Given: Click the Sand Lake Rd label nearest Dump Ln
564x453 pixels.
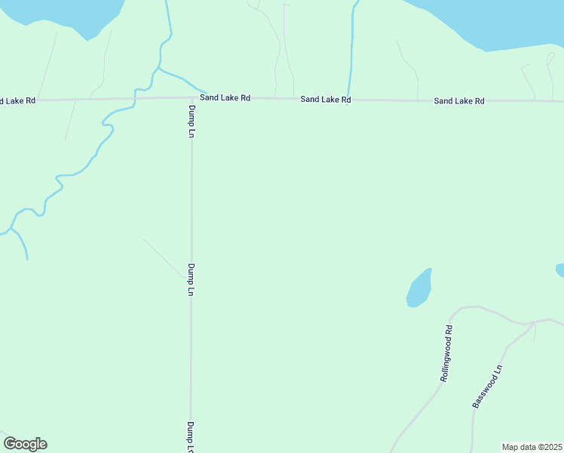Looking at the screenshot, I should (x=225, y=98).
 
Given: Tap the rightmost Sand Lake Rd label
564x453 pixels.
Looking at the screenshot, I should (x=458, y=100).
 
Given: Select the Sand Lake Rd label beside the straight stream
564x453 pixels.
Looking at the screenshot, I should (x=325, y=99).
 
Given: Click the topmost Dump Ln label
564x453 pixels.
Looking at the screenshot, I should (x=192, y=121).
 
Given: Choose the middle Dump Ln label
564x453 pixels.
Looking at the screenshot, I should (x=192, y=279).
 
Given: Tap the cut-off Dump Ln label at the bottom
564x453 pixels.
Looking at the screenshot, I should (x=192, y=436).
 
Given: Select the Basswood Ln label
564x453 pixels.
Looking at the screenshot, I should (x=487, y=387).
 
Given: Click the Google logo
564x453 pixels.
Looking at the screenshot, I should (x=25, y=444).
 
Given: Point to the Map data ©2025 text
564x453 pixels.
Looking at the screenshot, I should (x=532, y=447).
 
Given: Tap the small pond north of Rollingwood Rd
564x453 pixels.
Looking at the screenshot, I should (x=419, y=288).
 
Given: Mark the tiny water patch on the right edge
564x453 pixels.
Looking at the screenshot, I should (x=559, y=270).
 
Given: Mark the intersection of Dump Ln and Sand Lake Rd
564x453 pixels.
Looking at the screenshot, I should (x=192, y=97).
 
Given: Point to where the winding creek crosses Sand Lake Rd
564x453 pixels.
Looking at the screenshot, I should (x=136, y=97).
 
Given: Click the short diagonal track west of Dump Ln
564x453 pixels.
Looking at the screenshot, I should (x=162, y=257).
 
